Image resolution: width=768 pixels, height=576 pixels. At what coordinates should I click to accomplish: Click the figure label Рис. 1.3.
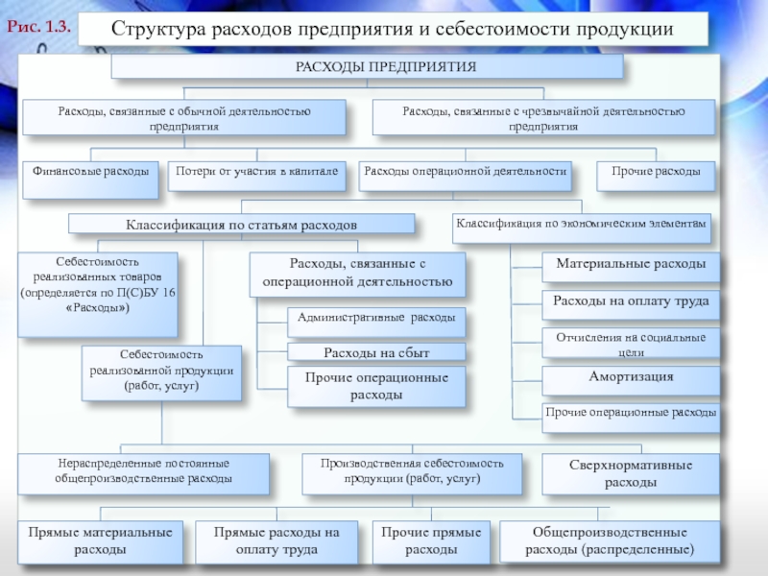(x=40, y=27)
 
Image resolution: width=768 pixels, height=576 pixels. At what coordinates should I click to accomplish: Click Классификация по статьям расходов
(x=241, y=224)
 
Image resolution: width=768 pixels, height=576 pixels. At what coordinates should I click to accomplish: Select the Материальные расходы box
(x=630, y=264)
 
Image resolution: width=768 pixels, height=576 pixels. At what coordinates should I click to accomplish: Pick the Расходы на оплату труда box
(x=630, y=302)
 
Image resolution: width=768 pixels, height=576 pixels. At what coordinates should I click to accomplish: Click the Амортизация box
(x=630, y=377)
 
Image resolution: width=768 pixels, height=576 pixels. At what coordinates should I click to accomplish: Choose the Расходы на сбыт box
(x=376, y=351)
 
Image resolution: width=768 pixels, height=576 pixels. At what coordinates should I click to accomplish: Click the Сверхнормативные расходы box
(x=631, y=473)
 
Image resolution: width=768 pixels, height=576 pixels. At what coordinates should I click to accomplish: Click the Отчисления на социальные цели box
(x=630, y=342)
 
